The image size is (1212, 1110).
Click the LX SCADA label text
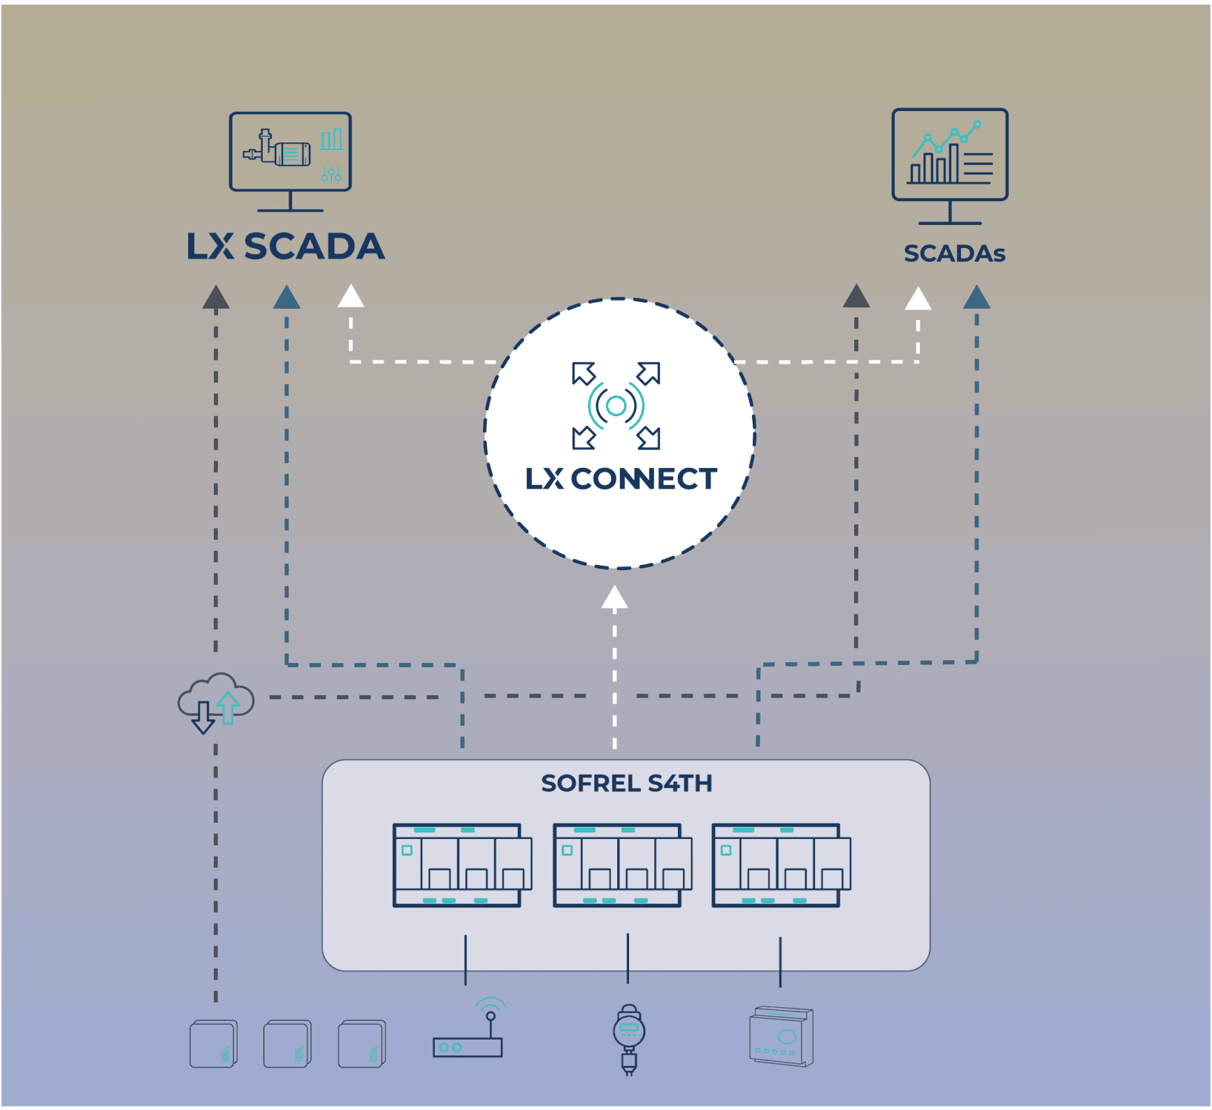[x=286, y=247]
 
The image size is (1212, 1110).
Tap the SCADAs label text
[x=954, y=253]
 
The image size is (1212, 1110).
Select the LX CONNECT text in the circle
[x=621, y=479]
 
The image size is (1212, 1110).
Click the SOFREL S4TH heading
[x=626, y=783]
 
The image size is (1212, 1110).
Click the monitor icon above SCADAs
[x=950, y=166]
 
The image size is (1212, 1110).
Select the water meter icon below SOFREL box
[x=628, y=1039]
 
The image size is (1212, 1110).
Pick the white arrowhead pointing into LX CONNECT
[x=614, y=597]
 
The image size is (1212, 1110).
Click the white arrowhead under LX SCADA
[x=351, y=295]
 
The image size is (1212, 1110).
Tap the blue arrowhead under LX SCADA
[x=287, y=297]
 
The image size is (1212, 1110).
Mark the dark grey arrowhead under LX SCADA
[x=216, y=297]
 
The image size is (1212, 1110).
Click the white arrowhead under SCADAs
[x=918, y=298]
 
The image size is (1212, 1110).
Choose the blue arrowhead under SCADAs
[x=976, y=297]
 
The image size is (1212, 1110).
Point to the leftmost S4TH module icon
[x=462, y=865]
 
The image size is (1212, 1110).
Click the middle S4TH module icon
[x=622, y=865]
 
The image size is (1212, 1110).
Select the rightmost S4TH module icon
[x=781, y=865]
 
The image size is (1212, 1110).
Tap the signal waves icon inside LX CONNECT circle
[x=616, y=405]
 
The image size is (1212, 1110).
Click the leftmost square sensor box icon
[x=214, y=1044]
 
